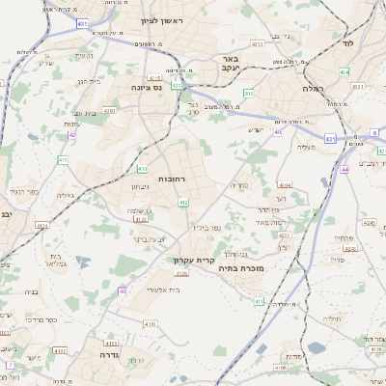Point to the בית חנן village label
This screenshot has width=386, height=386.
tap(86, 82)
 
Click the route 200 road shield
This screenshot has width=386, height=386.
tap(248, 94)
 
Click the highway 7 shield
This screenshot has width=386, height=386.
tap(10, 365)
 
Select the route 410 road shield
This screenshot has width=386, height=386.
tap(182, 203)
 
